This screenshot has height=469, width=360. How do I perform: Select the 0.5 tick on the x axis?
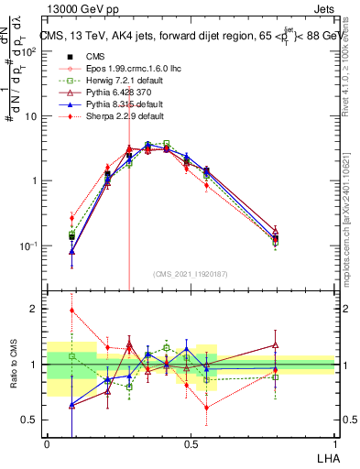[191, 444]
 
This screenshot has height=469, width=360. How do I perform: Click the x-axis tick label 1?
[335, 444]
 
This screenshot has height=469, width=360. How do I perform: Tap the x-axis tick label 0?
[47, 444]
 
